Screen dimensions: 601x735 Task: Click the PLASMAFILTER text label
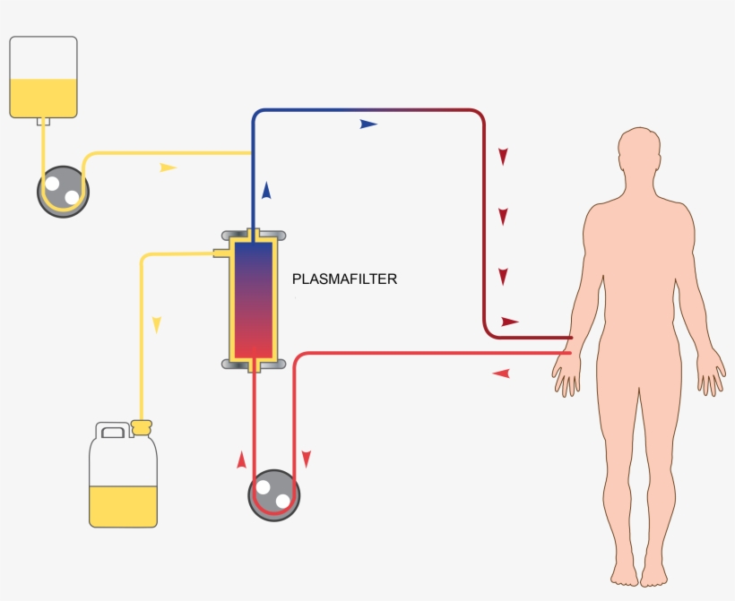pos(344,279)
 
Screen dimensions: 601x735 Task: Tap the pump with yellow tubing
pos(64,190)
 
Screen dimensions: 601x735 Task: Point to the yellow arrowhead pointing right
pos(168,167)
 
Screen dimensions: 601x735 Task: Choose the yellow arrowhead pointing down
pos(156,324)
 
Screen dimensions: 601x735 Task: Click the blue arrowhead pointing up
pos(266,189)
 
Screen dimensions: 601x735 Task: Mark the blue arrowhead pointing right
pos(368,124)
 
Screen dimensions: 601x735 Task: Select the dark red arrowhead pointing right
pos(510,321)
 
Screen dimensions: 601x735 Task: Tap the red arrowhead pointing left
pos(501,373)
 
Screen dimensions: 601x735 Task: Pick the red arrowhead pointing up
pos(241,460)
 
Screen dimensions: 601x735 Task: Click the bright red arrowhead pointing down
pos(307,459)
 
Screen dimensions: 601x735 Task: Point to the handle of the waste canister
pos(113,433)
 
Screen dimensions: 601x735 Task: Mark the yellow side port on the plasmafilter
pos(220,253)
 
